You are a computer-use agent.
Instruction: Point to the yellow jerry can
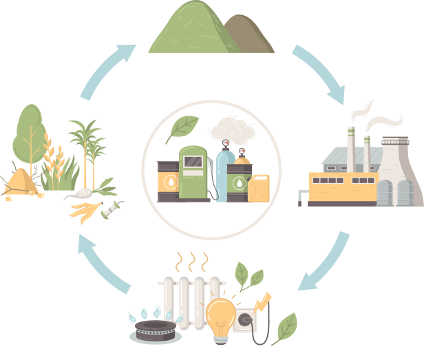tap(259, 187)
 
